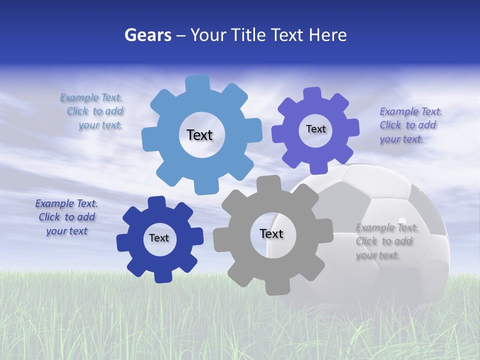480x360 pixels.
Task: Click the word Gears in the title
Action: pyautogui.click(x=147, y=35)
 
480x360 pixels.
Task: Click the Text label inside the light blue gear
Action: pyautogui.click(x=199, y=135)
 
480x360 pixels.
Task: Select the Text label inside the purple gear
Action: pyautogui.click(x=315, y=129)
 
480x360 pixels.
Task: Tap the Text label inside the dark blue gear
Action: pyautogui.click(x=159, y=238)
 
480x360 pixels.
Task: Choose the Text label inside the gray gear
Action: pyautogui.click(x=271, y=233)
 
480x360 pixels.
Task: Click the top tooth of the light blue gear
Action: pyautogui.click(x=197, y=83)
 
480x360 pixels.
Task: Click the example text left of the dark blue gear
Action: pyautogui.click(x=66, y=217)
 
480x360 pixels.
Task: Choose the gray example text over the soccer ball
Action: pyautogui.click(x=385, y=241)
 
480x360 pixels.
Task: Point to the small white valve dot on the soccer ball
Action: pyautogui.click(x=401, y=220)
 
